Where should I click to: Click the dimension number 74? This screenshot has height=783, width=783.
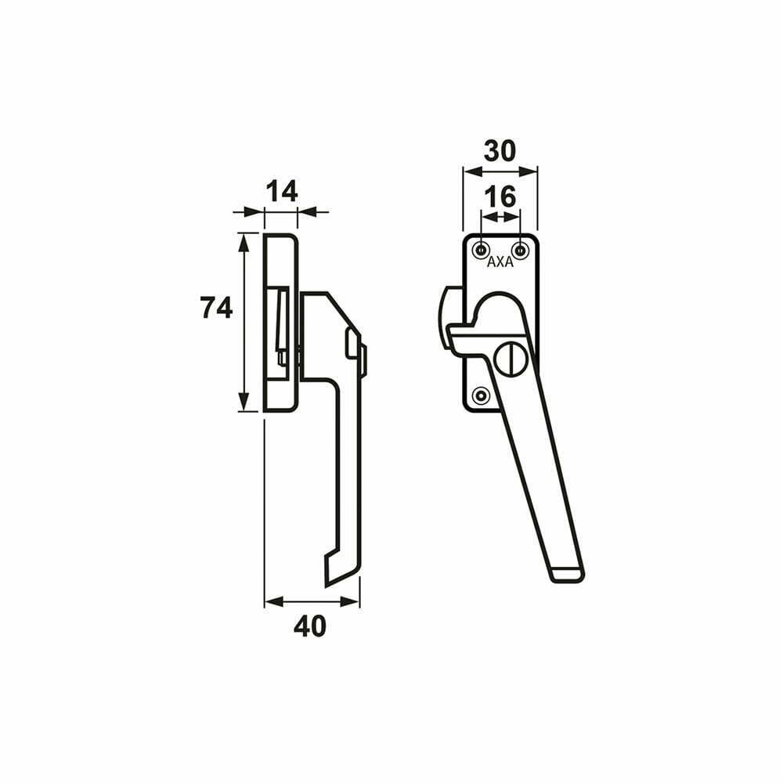tap(216, 308)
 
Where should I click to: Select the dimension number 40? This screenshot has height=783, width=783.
tap(309, 626)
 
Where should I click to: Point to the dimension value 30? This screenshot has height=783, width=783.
tap(500, 151)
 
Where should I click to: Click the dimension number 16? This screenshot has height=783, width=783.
tap(500, 197)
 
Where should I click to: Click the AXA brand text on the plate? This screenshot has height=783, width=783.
tap(500, 262)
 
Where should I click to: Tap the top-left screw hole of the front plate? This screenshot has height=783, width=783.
tap(481, 250)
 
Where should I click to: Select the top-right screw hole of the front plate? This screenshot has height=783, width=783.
tap(521, 250)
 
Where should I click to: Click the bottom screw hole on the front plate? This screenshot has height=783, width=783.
tap(481, 395)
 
